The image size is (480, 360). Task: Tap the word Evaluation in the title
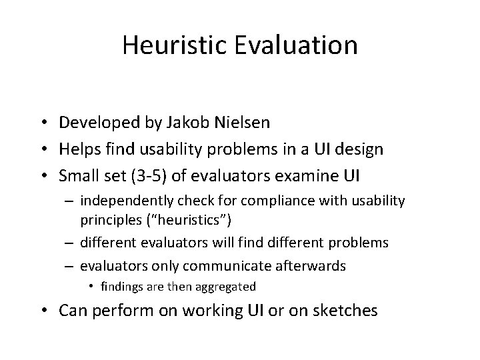click(x=298, y=45)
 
